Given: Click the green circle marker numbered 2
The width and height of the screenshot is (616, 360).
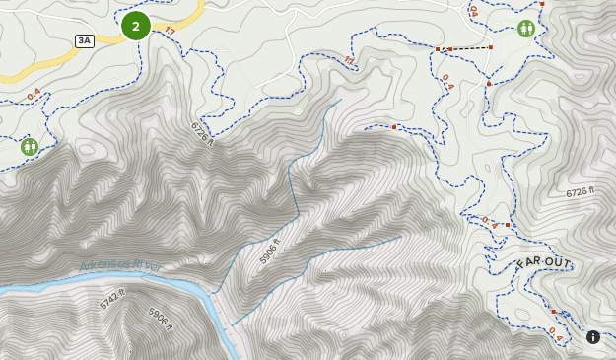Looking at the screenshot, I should tap(136, 26).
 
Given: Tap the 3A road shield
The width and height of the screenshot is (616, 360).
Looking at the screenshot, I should tap(84, 40).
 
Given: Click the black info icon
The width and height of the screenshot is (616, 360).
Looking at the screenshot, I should tap(593, 337).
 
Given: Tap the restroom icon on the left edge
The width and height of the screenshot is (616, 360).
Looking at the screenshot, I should tap(30, 147).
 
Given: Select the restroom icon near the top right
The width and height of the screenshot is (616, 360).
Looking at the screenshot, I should tap(526, 29).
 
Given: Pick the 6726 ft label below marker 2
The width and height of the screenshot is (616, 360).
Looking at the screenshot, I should tap(201, 133).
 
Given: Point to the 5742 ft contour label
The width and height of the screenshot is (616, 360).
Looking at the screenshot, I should tap(113, 299).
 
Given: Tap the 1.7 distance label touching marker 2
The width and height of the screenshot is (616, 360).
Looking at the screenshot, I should tap(169, 32).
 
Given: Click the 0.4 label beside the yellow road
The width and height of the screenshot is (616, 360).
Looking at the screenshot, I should tap(35, 95).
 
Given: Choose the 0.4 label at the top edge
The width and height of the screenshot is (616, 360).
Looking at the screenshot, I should tap(473, 10).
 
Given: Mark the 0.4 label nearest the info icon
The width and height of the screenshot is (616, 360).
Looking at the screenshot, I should tap(555, 334).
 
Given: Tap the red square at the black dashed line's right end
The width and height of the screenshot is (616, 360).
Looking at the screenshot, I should tap(490, 47).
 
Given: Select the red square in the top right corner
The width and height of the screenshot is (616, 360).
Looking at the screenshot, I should tap(541, 4).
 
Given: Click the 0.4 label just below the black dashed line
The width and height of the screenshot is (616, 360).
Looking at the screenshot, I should tap(446, 81).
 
